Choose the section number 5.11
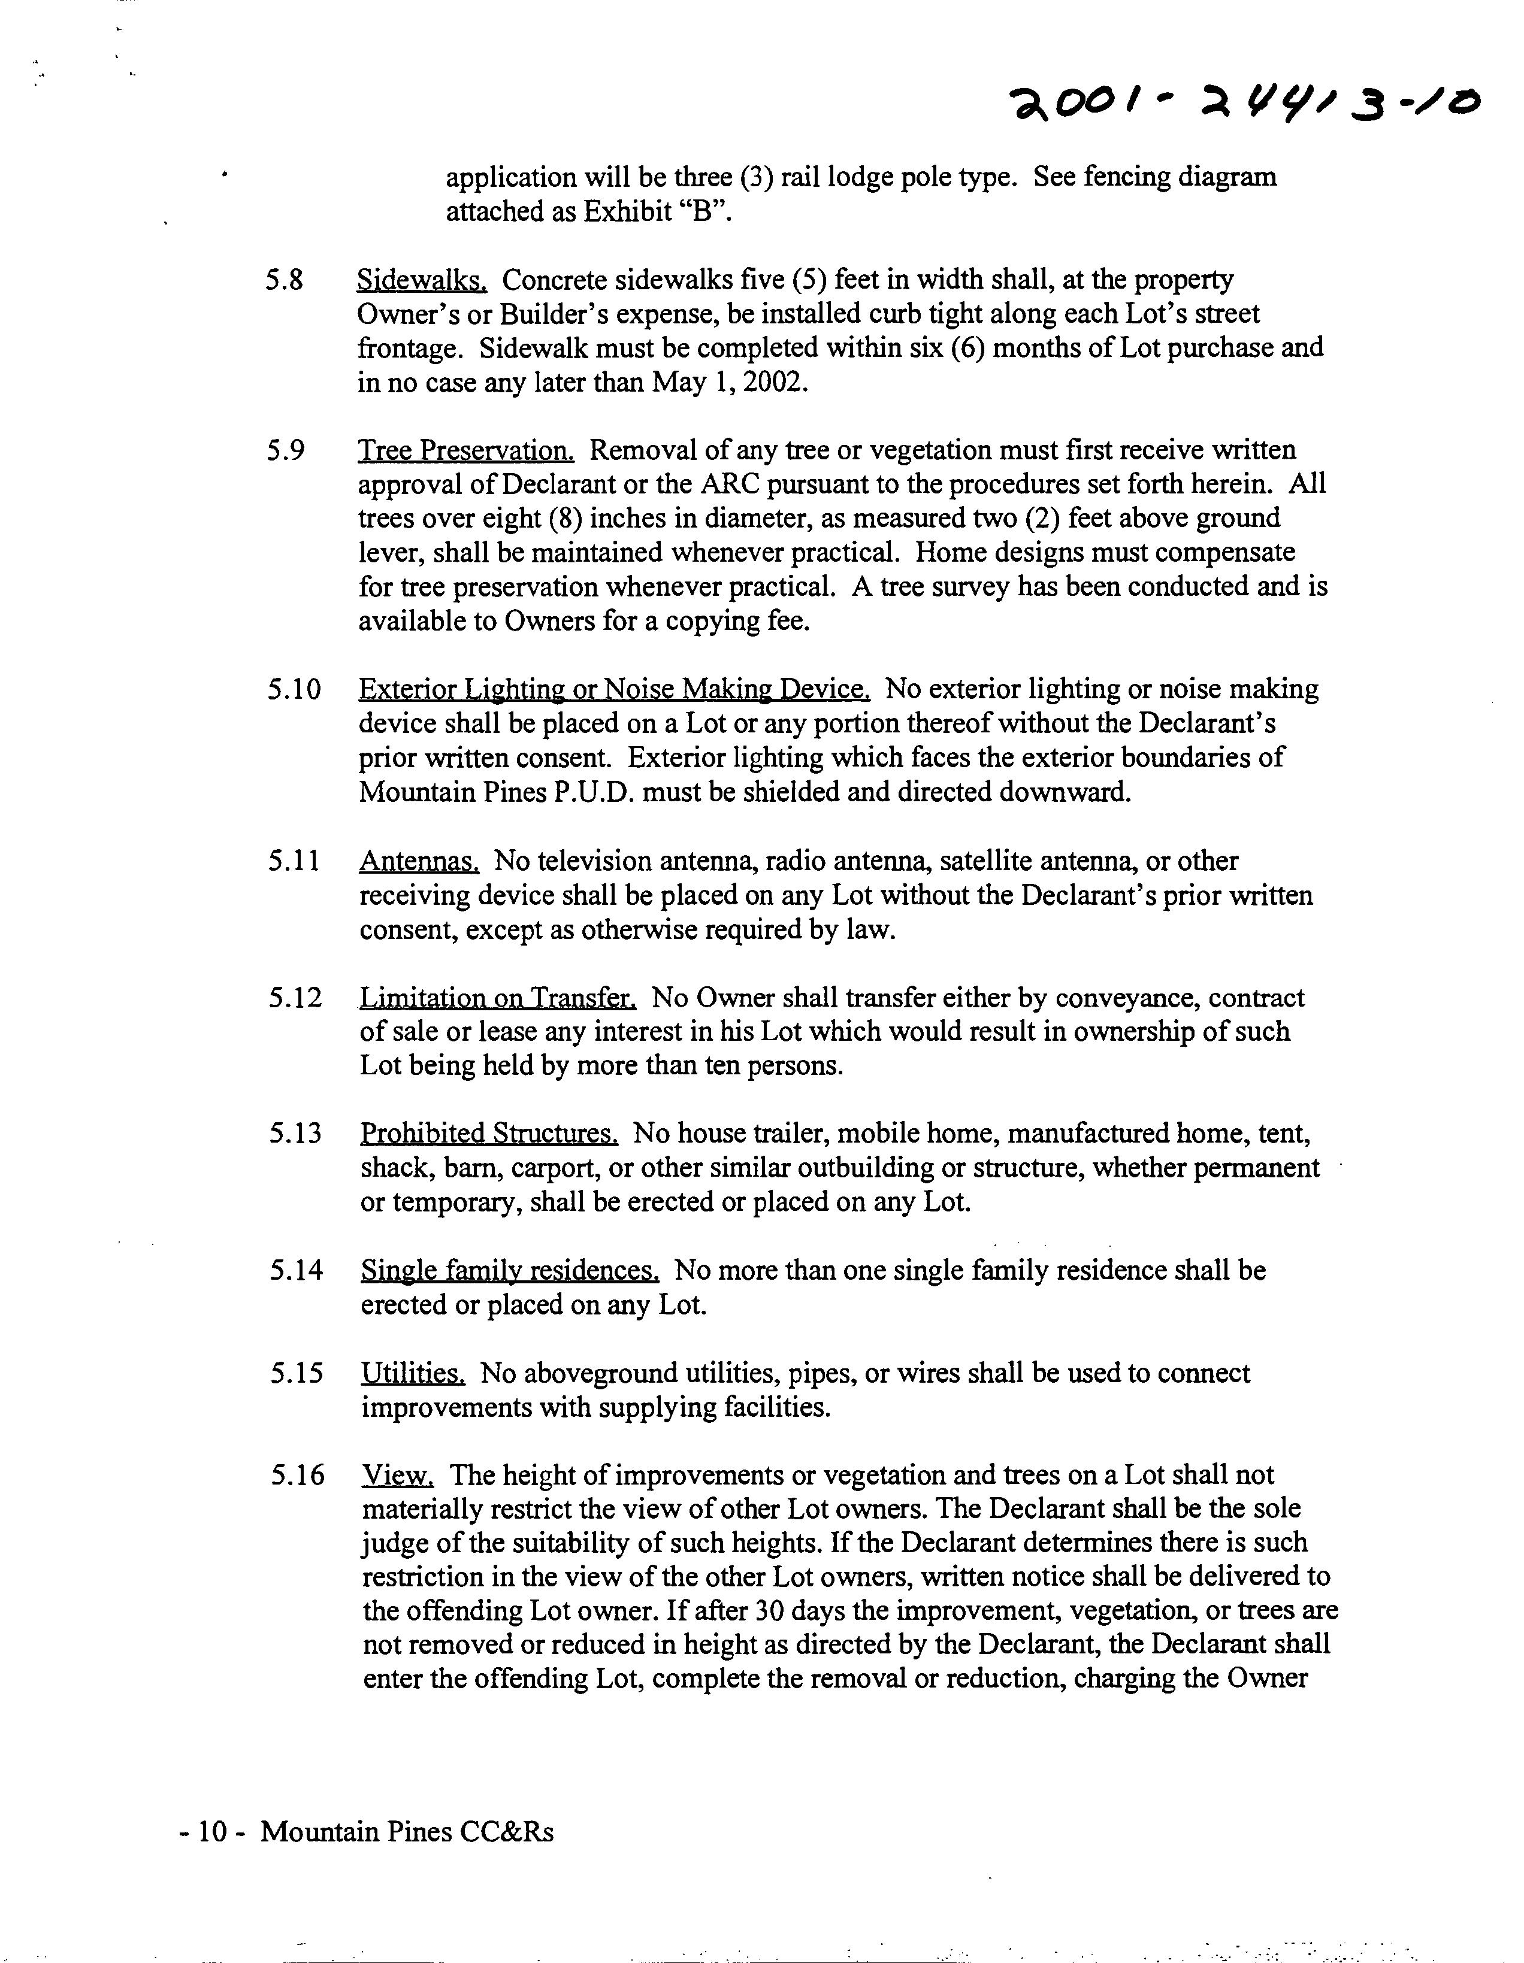tap(293, 861)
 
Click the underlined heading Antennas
tap(419, 862)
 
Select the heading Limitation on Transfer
tap(498, 998)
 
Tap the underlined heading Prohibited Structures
tap(488, 1134)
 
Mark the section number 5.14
tap(296, 1270)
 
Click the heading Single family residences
tap(510, 1271)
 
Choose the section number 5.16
tap(297, 1475)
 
